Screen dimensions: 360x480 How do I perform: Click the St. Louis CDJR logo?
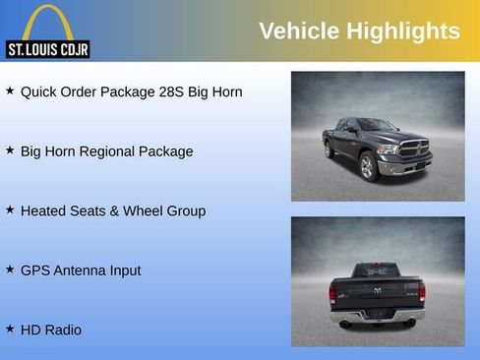48,31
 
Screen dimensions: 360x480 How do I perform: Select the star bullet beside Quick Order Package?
10,90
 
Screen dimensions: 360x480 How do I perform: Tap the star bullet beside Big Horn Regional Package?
10,150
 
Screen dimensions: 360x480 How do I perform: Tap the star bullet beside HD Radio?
10,329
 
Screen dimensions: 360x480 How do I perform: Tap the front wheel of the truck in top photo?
369,167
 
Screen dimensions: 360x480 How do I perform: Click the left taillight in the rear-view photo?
333,292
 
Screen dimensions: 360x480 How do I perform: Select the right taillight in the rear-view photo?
421,292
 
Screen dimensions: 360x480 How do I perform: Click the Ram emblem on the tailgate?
378,290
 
